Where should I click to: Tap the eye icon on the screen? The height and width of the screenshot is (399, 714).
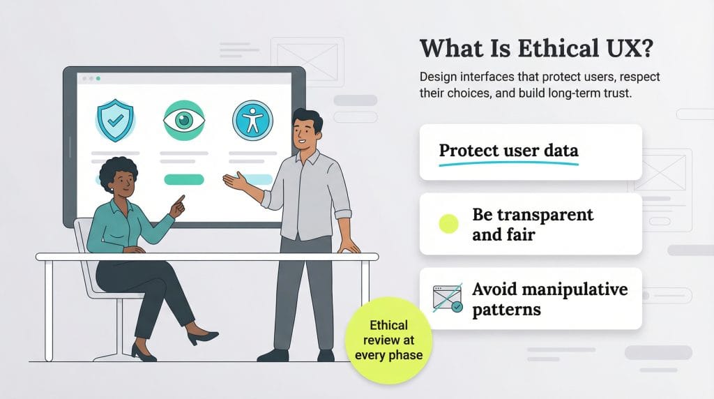tap(183, 120)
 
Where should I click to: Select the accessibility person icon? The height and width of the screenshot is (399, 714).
tap(252, 119)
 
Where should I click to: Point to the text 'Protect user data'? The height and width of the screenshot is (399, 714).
tap(508, 150)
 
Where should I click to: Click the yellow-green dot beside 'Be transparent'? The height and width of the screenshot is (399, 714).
tap(448, 224)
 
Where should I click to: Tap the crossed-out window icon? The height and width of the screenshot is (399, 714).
tap(447, 298)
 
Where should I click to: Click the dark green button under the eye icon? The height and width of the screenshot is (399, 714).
tap(183, 179)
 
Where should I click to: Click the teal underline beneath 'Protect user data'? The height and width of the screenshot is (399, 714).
tap(508, 163)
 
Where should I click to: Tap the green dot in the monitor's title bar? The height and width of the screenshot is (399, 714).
tap(98, 79)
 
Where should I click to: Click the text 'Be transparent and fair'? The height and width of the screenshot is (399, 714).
tap(533, 224)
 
